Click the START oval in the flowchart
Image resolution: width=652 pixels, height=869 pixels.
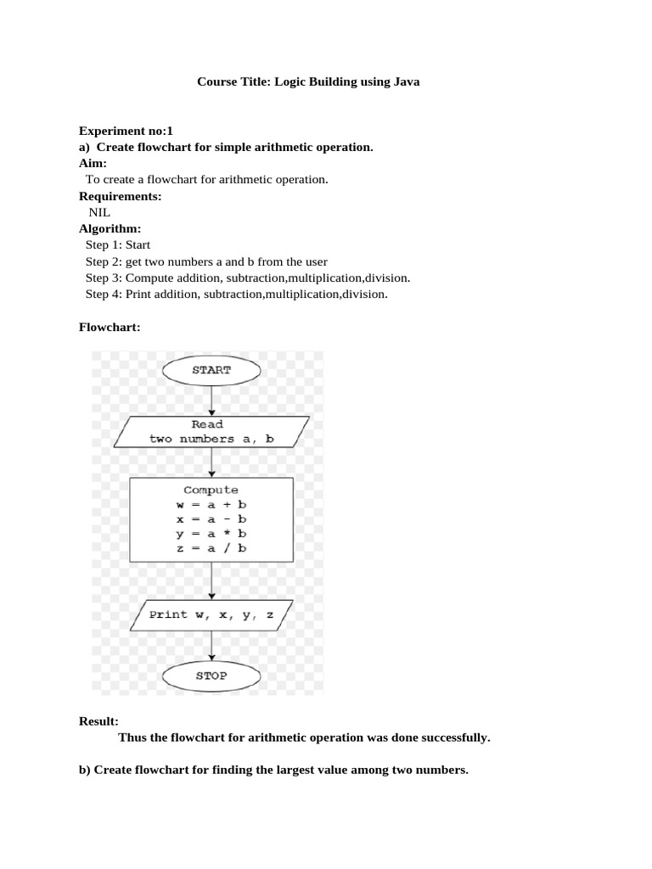pyautogui.click(x=211, y=370)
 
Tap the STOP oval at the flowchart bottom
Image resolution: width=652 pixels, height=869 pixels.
pyautogui.click(x=211, y=676)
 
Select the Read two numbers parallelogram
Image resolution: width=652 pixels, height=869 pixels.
pyautogui.click(x=211, y=432)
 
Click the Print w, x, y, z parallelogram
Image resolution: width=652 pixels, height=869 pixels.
pyautogui.click(x=211, y=614)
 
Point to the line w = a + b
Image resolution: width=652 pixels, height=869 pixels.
pyautogui.click(x=211, y=505)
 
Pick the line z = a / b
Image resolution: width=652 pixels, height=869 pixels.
pyautogui.click(x=211, y=548)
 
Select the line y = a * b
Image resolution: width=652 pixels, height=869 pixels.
pyautogui.click(x=211, y=534)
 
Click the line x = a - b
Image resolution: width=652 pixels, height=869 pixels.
pyautogui.click(x=211, y=519)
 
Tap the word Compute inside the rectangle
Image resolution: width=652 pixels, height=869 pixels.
pyautogui.click(x=211, y=490)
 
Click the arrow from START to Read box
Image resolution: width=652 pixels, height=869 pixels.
pyautogui.click(x=211, y=401)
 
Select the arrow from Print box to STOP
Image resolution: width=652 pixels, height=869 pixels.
pyautogui.click(x=211, y=646)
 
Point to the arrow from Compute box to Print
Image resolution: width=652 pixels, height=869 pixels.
pyautogui.click(x=211, y=580)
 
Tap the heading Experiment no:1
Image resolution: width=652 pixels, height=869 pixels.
pyautogui.click(x=126, y=131)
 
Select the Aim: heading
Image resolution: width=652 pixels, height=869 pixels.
pyautogui.click(x=93, y=163)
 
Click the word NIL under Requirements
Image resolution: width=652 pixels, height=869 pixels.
pyautogui.click(x=99, y=212)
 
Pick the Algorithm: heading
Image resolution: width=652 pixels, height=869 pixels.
pyautogui.click(x=110, y=228)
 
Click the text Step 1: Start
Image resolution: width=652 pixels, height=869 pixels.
pyautogui.click(x=117, y=245)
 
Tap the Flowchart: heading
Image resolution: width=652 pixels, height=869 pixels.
pyautogui.click(x=110, y=327)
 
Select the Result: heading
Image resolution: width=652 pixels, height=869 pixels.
pyautogui.click(x=98, y=721)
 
